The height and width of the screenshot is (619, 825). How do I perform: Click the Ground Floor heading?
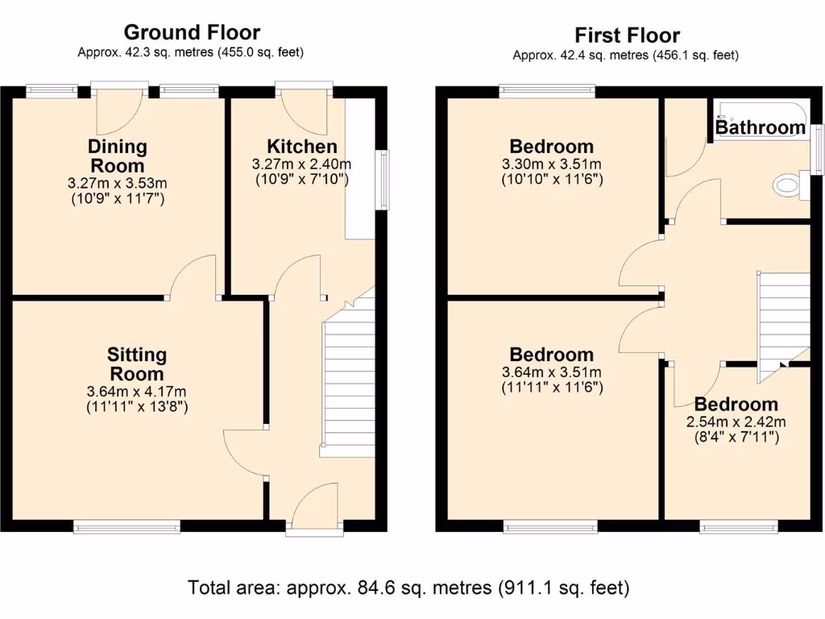[191, 32]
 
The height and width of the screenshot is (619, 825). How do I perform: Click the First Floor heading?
[626, 35]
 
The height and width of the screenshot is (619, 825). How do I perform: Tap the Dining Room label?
[118, 156]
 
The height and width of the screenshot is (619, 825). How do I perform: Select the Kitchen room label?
[302, 147]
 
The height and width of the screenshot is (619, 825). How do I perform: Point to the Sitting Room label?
[137, 364]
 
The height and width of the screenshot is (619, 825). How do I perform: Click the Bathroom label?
[760, 127]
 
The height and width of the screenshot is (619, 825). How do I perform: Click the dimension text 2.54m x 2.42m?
[736, 422]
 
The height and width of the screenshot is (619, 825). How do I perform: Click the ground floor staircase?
[349, 387]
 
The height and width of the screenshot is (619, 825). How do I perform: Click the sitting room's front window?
[126, 526]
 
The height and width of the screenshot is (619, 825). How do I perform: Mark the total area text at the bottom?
[408, 588]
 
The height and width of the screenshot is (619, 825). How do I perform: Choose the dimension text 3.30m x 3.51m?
[552, 164]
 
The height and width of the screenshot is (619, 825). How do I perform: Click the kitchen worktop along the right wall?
[360, 169]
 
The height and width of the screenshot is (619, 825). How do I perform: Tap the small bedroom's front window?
[739, 526]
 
